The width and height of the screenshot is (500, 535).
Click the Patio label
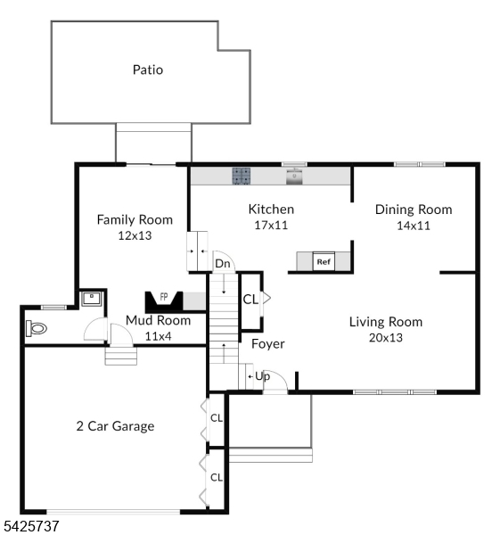point(148,70)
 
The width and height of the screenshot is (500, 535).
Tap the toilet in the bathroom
point(37,328)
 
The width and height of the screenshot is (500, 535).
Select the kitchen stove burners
point(242,176)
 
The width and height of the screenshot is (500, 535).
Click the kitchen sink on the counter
point(294,177)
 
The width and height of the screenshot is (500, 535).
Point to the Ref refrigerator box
point(324,261)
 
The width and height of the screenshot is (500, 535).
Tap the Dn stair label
point(223,264)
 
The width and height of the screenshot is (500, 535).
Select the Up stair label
point(262,376)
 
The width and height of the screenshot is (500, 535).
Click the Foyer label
point(267,344)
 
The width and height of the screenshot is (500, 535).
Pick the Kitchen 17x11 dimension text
point(271,226)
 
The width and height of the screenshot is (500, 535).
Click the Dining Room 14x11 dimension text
point(414,226)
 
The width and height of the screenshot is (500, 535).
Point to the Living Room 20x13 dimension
point(386,338)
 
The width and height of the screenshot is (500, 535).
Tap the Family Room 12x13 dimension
point(135,235)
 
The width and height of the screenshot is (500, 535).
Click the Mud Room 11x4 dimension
point(159,336)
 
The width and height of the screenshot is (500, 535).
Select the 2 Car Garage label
point(115,426)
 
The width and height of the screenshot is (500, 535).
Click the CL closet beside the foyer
point(250,300)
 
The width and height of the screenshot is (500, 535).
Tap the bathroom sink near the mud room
point(92,299)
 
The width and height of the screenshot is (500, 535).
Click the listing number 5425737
point(30,526)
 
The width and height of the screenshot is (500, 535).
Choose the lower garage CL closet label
point(217,477)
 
